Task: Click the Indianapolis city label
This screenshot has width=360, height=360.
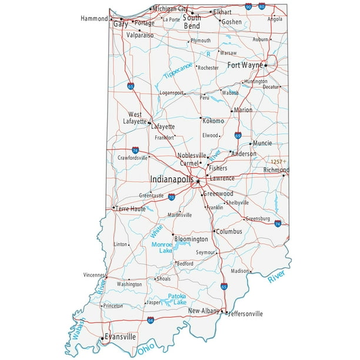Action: click(x=172, y=178)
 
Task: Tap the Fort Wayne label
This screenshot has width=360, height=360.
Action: click(x=244, y=65)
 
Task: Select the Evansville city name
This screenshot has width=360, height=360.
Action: click(x=120, y=336)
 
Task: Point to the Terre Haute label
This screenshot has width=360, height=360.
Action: click(x=130, y=208)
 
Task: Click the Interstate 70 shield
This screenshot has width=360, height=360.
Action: click(x=171, y=198)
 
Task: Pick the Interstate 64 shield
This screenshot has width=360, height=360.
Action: click(x=151, y=321)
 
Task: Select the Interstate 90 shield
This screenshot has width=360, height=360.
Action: click(x=249, y=6)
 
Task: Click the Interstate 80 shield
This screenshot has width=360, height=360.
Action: click(x=262, y=6)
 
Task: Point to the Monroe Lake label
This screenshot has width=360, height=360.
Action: click(x=162, y=247)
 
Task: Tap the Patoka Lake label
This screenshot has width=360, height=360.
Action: click(x=176, y=299)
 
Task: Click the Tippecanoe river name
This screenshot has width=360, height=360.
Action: click(x=178, y=73)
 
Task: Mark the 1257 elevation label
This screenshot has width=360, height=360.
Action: click(x=277, y=161)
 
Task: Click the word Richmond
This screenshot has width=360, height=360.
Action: click(x=276, y=169)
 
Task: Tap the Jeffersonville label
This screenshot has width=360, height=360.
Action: click(x=245, y=314)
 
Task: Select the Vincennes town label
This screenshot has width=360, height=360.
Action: click(x=94, y=274)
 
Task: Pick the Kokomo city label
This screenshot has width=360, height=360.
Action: click(x=214, y=121)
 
